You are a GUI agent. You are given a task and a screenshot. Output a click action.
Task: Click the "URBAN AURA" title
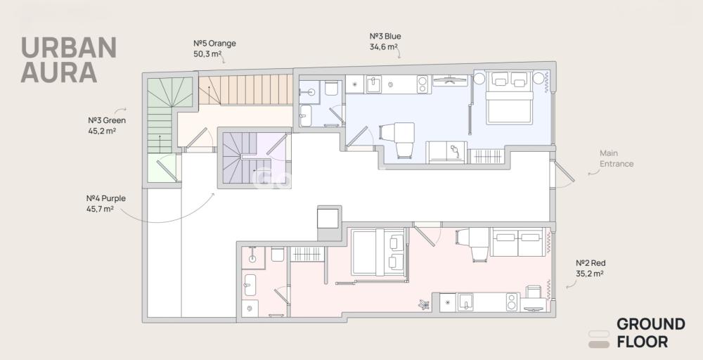tap(68, 60)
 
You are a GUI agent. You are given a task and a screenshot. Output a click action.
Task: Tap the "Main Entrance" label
tap(617, 158)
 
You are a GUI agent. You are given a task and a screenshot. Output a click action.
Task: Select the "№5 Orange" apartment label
tap(214, 44)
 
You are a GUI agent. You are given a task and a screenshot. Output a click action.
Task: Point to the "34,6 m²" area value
tap(383, 46)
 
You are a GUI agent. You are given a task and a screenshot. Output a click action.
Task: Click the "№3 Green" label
tap(107, 120)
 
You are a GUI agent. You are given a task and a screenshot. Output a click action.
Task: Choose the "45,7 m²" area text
tap(100, 208)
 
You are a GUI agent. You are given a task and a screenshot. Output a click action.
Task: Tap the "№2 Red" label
tap(591, 263)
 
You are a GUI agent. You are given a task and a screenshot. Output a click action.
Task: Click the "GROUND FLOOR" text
tap(650, 333)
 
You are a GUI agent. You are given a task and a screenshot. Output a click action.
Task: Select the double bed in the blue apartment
tap(509, 98)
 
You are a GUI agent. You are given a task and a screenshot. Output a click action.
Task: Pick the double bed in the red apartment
tap(378, 252)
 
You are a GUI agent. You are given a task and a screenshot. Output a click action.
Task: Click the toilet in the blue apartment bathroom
tap(332, 88)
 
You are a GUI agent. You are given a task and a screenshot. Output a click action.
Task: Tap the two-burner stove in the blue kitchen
tap(423, 84)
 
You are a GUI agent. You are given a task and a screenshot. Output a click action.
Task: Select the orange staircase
tap(245, 90)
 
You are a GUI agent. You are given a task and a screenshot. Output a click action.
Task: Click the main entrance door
tap(564, 172)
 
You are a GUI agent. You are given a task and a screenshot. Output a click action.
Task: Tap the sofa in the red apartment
tap(518, 242)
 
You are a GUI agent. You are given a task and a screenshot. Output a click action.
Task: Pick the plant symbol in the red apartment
tap(424, 305)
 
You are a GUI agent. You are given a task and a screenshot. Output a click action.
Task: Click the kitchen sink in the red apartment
tap(465, 302)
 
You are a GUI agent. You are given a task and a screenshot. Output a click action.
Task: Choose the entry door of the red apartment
tap(424, 236)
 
